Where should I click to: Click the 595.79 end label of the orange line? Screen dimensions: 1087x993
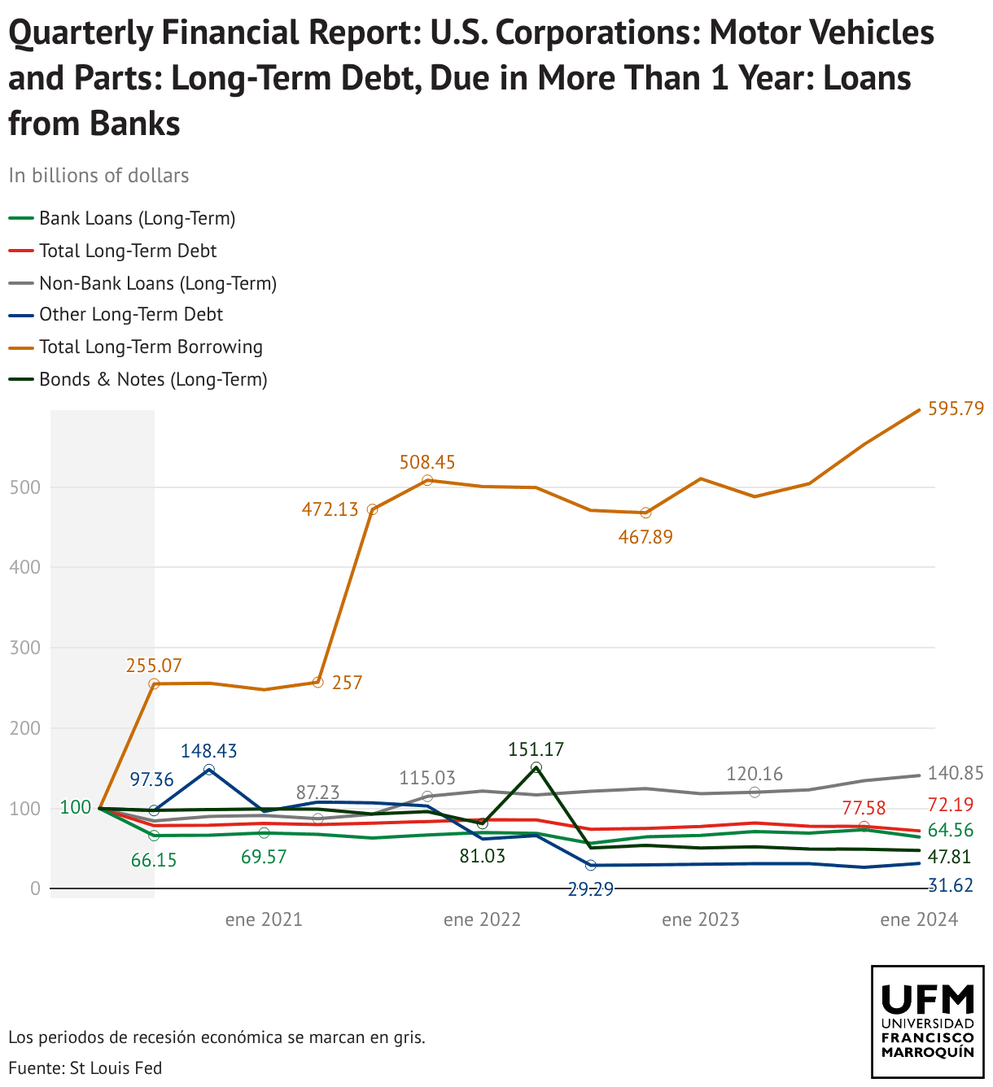956,409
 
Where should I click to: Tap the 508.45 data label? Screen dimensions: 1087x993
427,463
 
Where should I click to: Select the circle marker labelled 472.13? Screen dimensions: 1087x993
373,509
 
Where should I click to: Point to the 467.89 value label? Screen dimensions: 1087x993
645,537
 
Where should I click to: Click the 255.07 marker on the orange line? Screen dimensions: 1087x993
154,684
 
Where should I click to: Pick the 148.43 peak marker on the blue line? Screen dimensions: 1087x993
209,770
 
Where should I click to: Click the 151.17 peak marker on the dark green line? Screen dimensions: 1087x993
536,767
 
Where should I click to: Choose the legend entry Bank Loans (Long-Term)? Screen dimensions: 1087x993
137,218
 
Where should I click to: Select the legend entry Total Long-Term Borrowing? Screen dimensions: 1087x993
151,347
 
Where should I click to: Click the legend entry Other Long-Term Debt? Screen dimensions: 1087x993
131,315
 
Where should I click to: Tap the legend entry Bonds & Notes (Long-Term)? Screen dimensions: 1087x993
153,379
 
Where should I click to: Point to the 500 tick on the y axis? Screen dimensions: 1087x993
24,488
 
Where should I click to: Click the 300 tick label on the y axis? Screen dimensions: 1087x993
24,648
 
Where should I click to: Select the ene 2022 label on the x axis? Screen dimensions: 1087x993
482,920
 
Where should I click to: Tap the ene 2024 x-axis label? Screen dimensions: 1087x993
919,920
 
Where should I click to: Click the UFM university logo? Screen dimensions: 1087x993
927,1021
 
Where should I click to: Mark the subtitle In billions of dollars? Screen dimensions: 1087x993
98,176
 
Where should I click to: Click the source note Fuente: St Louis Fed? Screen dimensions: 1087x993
85,1068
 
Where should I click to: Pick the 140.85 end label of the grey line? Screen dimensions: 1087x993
956,774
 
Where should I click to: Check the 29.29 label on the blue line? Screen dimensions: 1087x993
590,889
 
